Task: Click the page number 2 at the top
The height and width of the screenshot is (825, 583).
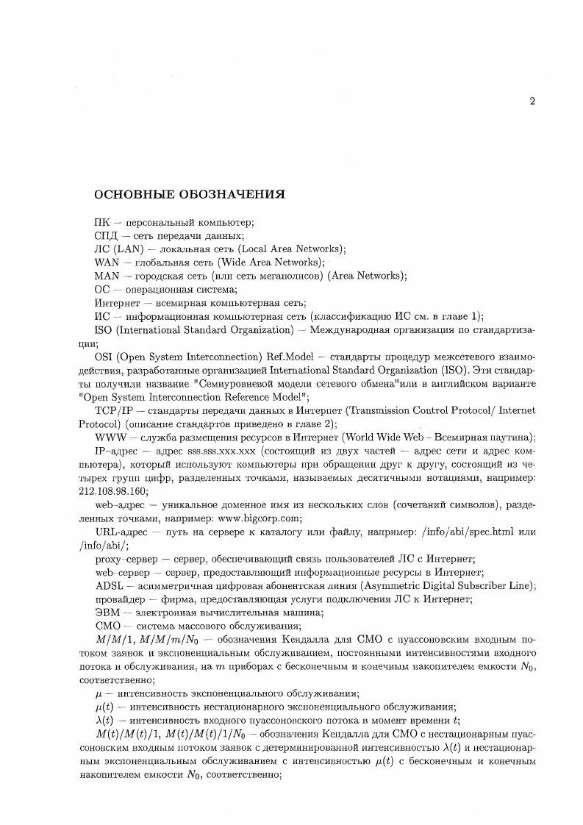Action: pyautogui.click(x=532, y=102)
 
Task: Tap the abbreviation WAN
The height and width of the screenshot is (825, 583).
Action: pyautogui.click(x=107, y=262)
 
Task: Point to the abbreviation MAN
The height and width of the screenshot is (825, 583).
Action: pyautogui.click(x=107, y=276)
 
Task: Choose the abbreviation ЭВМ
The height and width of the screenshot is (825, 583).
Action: pyautogui.click(x=110, y=612)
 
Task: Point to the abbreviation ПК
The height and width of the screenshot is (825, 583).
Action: pyautogui.click(x=104, y=222)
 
